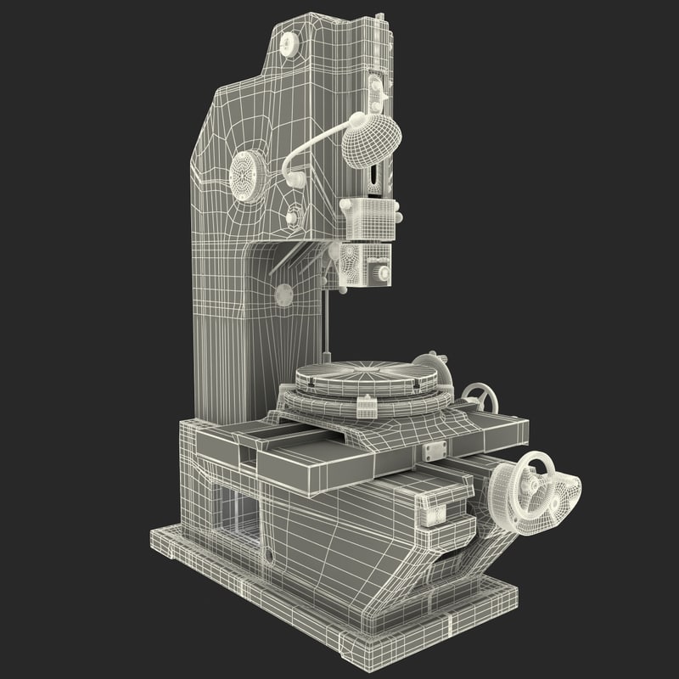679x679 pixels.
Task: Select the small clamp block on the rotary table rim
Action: point(368,405)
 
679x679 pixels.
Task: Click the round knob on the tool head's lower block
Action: point(384,272)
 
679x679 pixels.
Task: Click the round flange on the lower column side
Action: point(283,295)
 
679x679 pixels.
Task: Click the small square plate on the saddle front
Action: point(429,513)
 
